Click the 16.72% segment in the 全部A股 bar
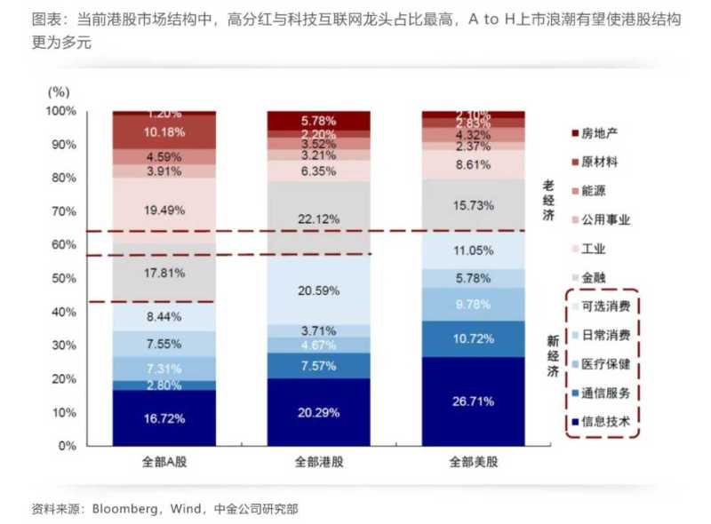point(164,417)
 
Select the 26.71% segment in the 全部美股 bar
point(470,401)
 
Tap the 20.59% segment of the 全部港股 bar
point(317,290)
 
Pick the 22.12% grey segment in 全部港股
point(317,218)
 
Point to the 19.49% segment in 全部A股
point(164,210)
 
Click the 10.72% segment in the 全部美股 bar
point(470,338)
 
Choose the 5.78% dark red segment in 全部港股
point(317,120)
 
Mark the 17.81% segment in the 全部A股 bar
point(164,273)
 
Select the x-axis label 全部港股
point(317,462)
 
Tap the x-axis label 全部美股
point(470,462)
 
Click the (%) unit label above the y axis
point(59,91)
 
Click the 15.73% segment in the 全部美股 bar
point(470,205)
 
